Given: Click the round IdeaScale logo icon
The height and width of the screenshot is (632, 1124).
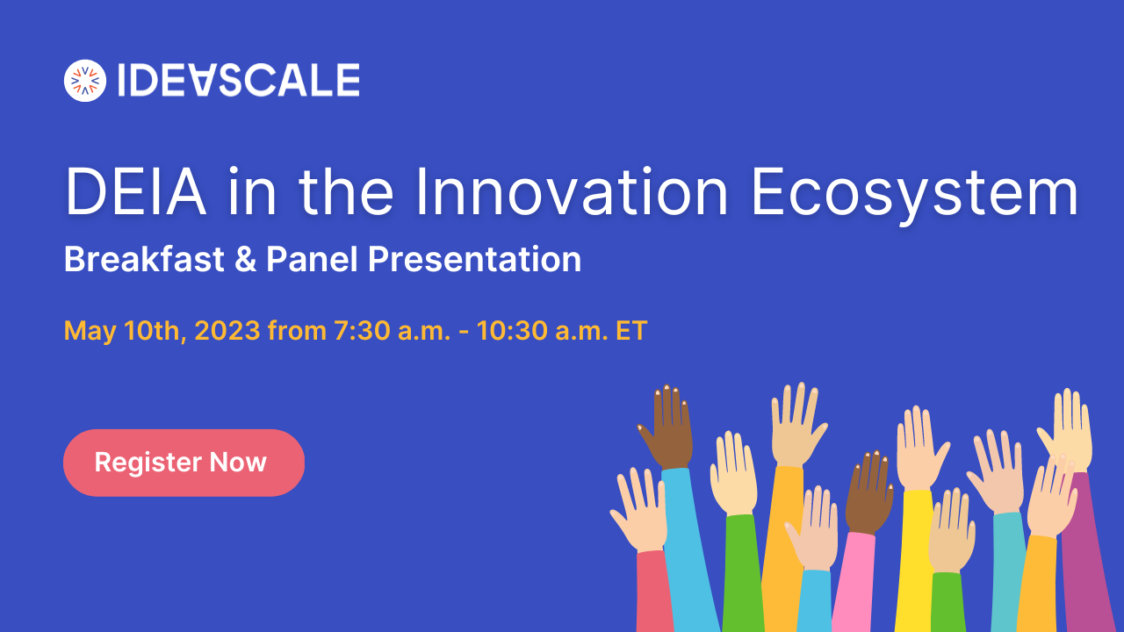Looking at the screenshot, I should [85, 81].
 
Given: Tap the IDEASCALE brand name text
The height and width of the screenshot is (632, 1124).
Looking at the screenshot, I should [238, 81].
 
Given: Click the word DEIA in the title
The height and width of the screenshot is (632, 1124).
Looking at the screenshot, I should [136, 193].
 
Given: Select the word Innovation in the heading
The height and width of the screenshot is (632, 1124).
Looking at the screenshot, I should [572, 193].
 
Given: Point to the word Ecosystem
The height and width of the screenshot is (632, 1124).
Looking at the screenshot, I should [913, 193].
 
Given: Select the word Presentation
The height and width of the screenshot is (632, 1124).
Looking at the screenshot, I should [474, 260].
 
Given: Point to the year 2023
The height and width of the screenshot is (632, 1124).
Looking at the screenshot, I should [227, 331].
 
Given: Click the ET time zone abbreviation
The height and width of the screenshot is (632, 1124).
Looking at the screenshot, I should [632, 331].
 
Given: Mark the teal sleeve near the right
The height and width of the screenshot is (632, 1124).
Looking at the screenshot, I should [1008, 571].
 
